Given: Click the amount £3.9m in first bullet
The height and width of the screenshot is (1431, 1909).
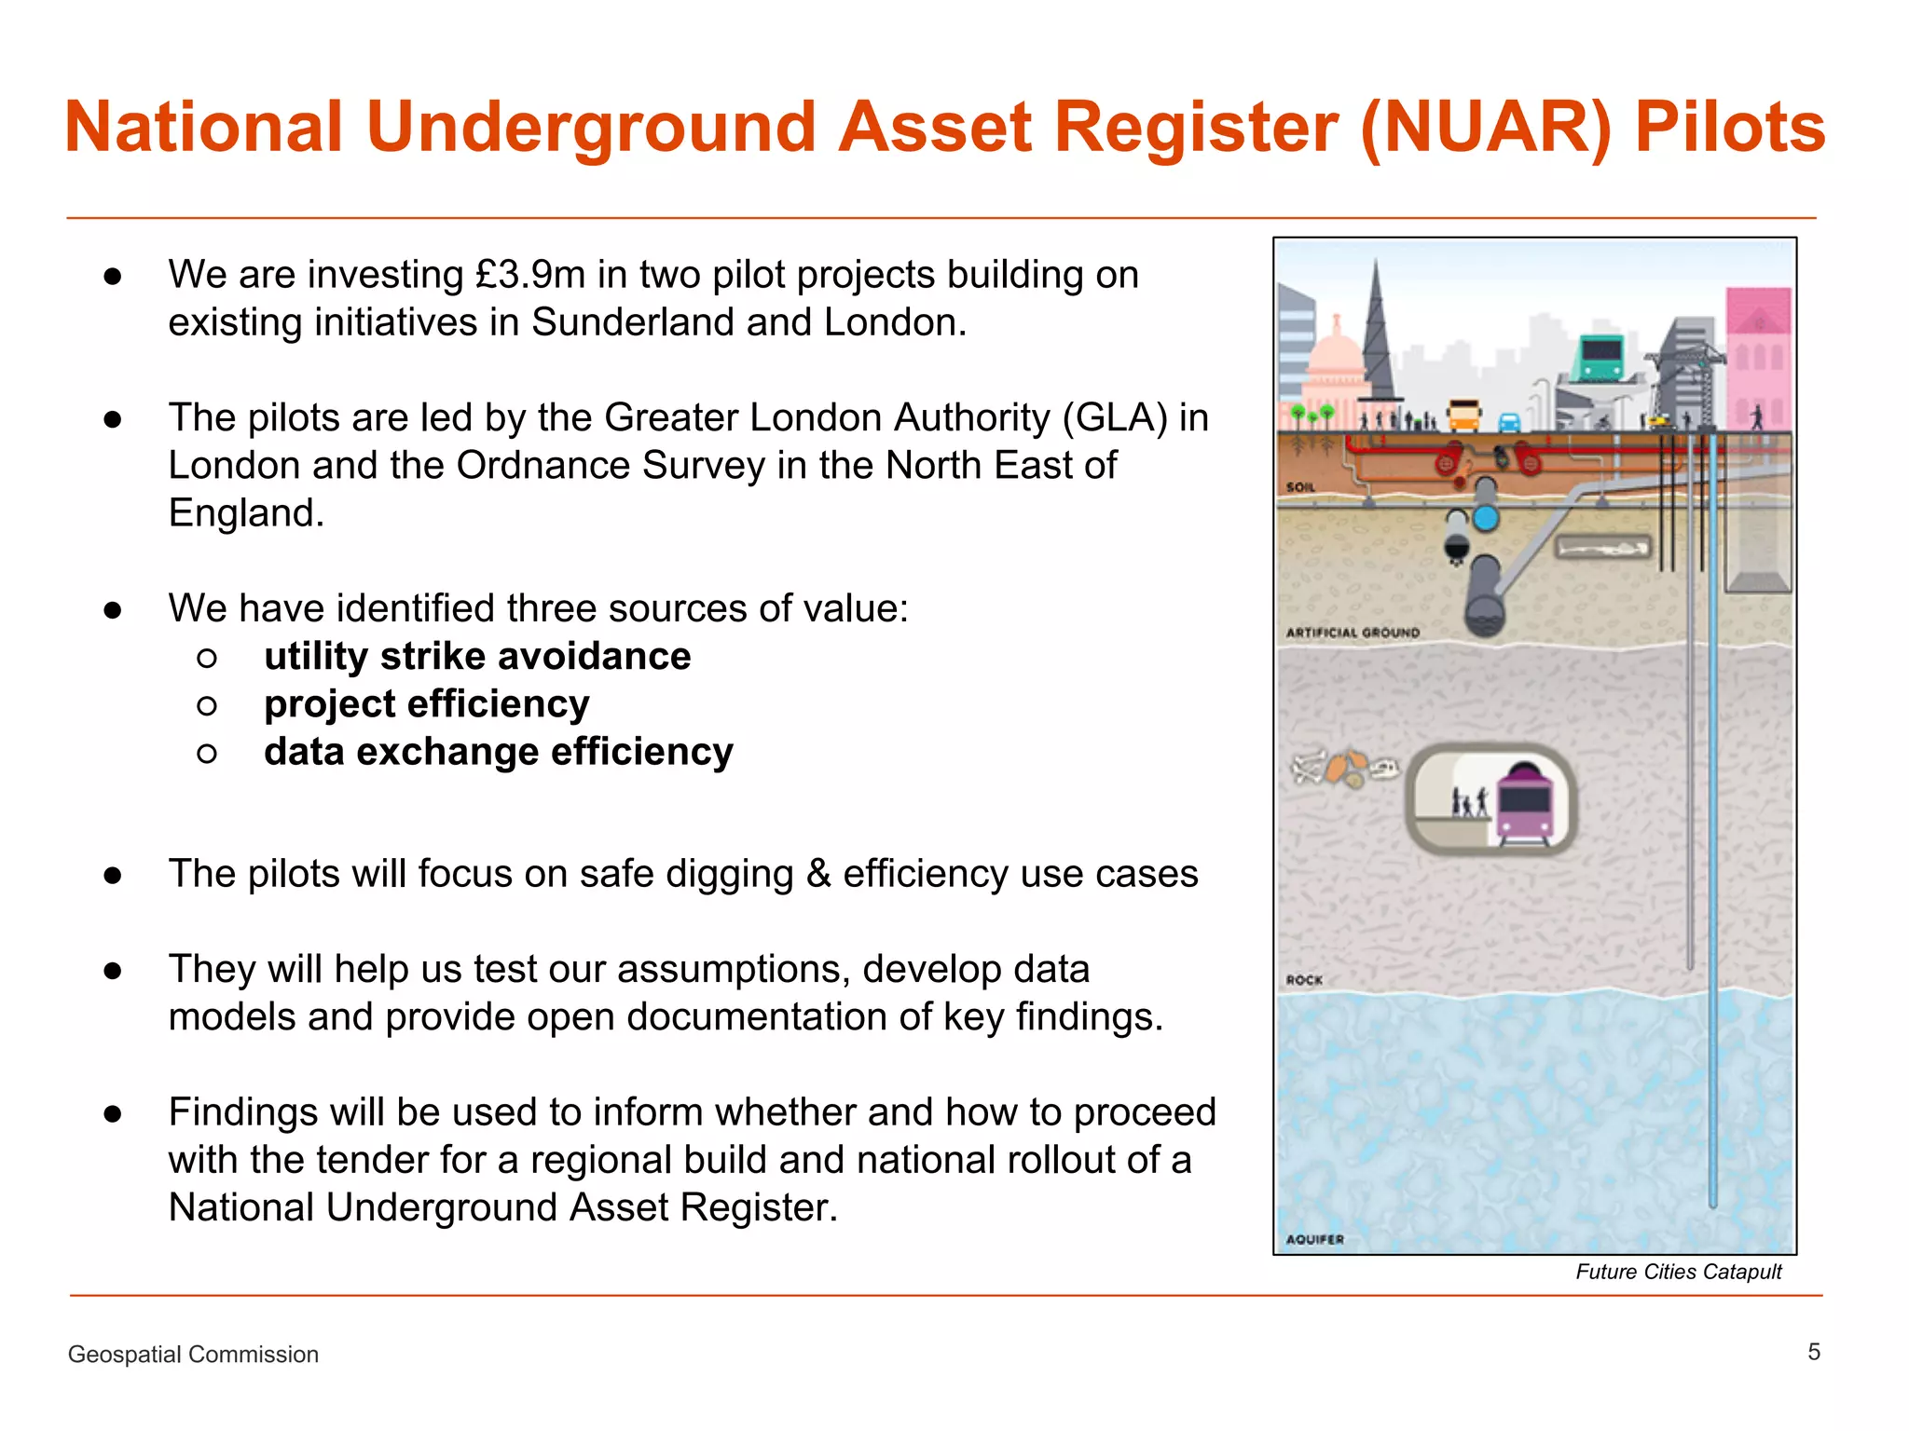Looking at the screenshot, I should [x=530, y=275].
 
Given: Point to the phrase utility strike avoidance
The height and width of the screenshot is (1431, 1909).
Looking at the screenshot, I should [x=477, y=656].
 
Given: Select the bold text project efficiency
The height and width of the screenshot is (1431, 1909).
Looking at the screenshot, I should [x=427, y=704].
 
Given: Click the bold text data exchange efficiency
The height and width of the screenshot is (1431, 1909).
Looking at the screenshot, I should [x=499, y=752].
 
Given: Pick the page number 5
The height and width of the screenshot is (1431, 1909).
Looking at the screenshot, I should [x=1814, y=1352].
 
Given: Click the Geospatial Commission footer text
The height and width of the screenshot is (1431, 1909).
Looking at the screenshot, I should [x=193, y=1355].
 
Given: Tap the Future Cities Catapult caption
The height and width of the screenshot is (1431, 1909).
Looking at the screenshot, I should [x=1678, y=1272].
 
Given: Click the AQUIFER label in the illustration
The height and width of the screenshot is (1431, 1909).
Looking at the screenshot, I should [x=1314, y=1239].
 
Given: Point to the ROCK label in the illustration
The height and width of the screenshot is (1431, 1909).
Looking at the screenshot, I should [x=1304, y=980].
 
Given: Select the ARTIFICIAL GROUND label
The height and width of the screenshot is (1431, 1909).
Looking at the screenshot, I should [x=1353, y=633].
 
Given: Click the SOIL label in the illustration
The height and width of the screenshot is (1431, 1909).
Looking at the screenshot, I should [x=1300, y=487].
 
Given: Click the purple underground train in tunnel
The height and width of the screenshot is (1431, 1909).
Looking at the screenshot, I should [x=1524, y=803].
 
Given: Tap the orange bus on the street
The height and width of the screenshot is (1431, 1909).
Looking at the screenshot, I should [x=1463, y=416].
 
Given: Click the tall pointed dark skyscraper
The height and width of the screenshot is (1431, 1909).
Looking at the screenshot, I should [x=1376, y=335].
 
